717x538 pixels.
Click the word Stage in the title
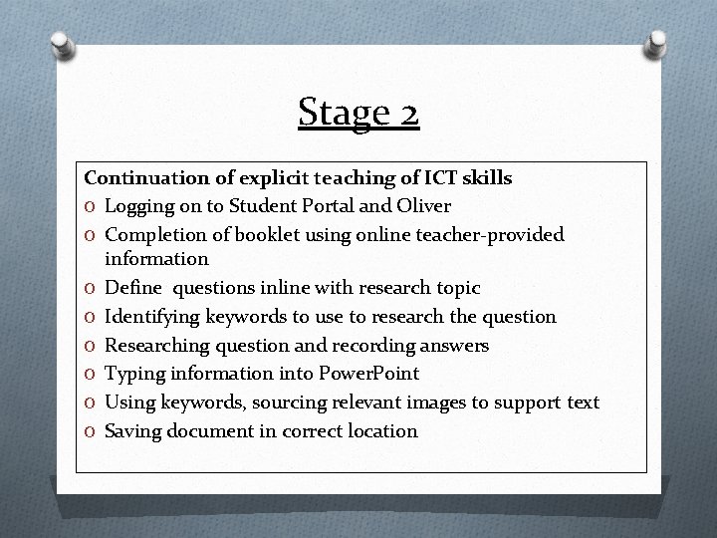[339, 113]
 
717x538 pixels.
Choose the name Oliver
[423, 206]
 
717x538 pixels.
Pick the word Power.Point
[369, 374]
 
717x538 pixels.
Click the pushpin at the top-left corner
[62, 46]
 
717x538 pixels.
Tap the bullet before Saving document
[91, 431]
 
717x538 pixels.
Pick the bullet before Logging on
[91, 207]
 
